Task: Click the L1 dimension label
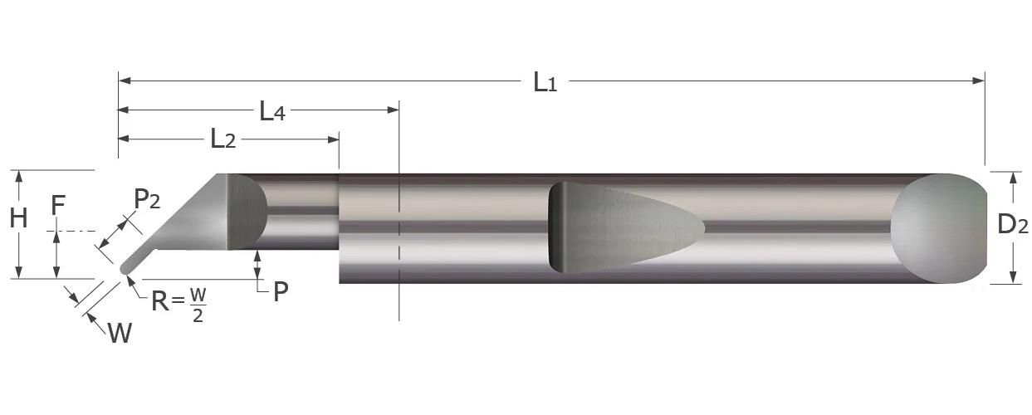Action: (x=545, y=81)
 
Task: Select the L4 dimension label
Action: (x=272, y=110)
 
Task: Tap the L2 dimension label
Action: (x=223, y=139)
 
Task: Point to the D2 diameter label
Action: (x=1012, y=224)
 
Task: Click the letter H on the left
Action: (x=18, y=219)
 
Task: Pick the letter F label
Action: (x=56, y=205)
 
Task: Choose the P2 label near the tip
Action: (x=146, y=199)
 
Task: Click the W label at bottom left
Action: (x=120, y=334)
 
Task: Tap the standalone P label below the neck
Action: (x=281, y=291)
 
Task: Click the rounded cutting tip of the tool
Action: (x=126, y=267)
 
